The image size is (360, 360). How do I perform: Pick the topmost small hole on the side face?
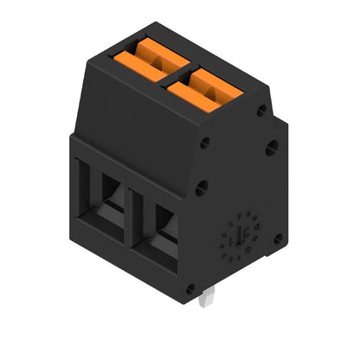(x=260, y=110)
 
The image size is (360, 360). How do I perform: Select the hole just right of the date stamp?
(x=278, y=238)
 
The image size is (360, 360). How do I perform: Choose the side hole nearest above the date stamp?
(x=201, y=185)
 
